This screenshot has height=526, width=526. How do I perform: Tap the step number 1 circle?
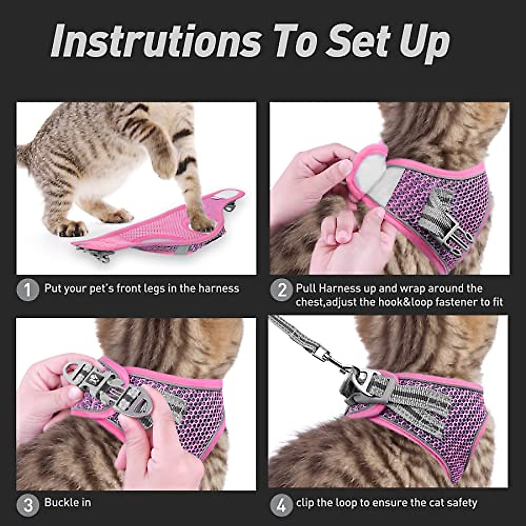tap(28, 291)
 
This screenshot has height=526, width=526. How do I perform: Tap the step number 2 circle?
tap(281, 291)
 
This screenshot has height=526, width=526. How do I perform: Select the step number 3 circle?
tap(28, 506)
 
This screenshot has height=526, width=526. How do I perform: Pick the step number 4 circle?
tap(281, 506)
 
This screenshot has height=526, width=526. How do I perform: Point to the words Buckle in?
tap(68, 502)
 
